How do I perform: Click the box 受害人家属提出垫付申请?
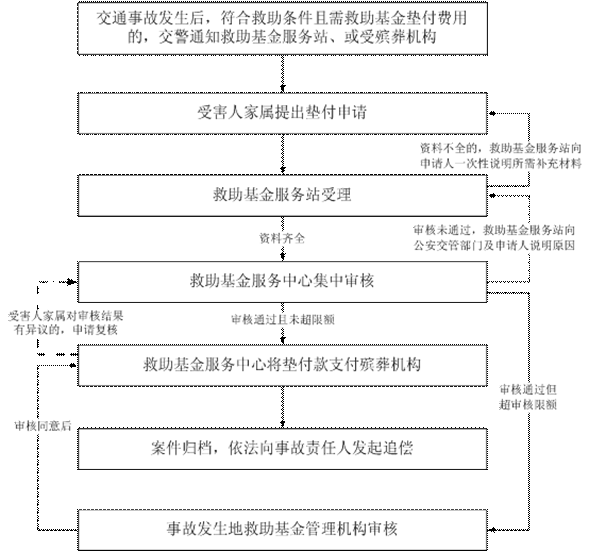282,113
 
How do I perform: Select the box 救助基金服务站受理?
282,195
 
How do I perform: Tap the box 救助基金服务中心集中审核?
282,281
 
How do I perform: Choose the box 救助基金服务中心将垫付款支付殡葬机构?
282,365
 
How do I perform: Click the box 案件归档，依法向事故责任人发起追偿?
282,448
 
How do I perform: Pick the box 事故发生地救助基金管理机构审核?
282,529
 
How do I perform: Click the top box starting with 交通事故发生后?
282,29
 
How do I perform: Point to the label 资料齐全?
282,238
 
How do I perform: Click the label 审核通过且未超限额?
282,320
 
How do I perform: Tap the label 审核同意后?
43,426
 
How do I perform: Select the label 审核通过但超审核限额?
528,397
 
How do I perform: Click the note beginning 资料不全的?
501,156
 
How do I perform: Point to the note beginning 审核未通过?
494,238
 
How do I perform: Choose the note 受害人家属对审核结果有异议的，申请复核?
66,323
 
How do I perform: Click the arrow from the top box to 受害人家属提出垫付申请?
282,74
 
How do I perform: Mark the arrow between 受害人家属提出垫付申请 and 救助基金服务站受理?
282,154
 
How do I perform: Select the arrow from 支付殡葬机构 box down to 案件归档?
282,407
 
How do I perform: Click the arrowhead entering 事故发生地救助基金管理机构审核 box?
492,530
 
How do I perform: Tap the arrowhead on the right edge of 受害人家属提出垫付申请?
492,113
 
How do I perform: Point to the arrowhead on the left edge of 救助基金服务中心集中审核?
72,282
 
